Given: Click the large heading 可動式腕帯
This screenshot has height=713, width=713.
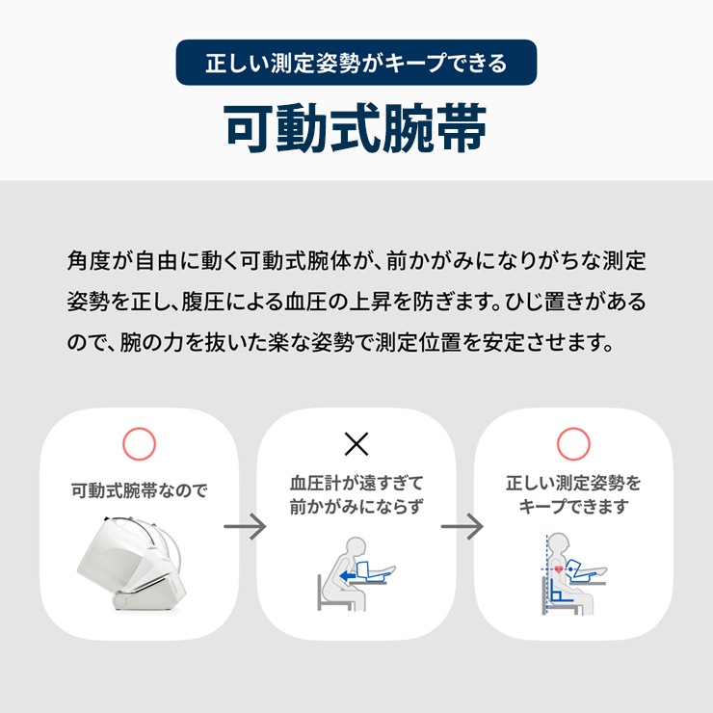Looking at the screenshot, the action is coord(356,129).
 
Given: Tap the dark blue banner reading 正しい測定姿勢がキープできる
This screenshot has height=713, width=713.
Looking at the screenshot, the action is coord(356,63).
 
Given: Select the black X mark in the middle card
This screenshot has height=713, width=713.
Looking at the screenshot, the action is coord(356,444).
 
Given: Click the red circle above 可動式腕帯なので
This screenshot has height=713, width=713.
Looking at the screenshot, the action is coord(139,444).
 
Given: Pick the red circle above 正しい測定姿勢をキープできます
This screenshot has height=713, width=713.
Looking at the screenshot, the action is coord(573,444).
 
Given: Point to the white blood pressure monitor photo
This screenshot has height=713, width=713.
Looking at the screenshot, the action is coord(132,563).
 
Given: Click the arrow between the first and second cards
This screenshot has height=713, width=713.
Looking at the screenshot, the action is coord(245,527).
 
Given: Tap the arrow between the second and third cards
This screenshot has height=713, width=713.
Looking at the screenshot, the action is coord(462,527).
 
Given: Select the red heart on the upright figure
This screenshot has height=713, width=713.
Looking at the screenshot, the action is coord(559,568).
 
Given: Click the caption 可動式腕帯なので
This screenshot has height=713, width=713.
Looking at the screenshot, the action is coord(139,490).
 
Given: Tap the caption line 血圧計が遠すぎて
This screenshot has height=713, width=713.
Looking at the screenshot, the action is coord(356,483).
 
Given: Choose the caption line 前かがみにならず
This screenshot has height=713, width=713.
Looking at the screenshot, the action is coord(356,507).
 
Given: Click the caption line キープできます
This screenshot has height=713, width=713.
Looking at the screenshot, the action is coord(573,507).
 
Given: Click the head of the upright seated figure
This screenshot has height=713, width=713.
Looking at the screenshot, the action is coord(559,545).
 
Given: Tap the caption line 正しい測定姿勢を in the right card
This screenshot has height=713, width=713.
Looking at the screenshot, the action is coord(573,483).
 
